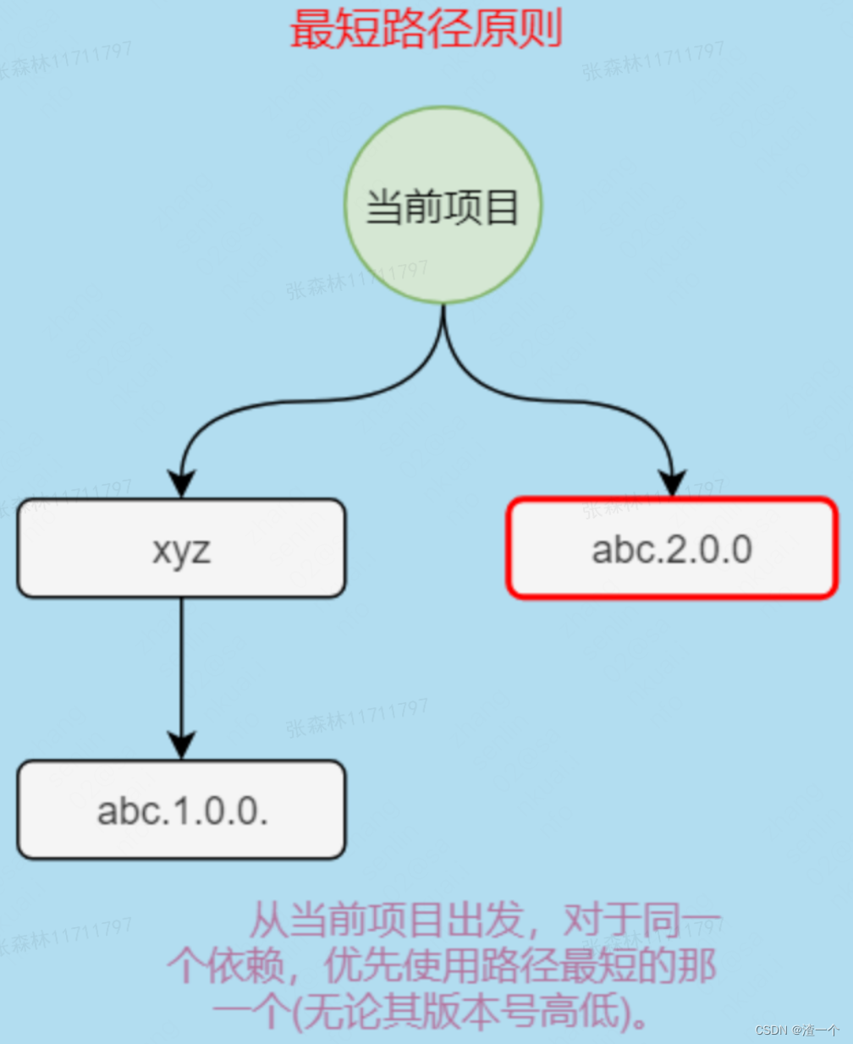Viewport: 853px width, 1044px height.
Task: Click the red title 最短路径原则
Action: [426, 30]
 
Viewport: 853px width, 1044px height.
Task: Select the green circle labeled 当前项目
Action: [443, 206]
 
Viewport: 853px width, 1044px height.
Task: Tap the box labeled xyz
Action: [181, 549]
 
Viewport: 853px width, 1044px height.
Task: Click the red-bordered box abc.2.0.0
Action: [672, 549]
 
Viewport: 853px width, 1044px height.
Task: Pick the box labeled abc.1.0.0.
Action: [181, 810]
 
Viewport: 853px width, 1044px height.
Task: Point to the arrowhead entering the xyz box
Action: [181, 485]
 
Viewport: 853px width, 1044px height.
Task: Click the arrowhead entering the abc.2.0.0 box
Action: [673, 484]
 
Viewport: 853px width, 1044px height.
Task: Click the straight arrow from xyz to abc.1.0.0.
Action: [181, 668]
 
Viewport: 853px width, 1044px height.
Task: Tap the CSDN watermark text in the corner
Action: [796, 1030]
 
